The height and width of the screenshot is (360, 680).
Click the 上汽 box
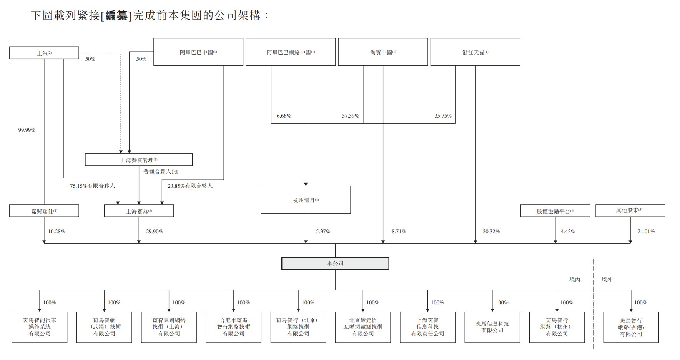click(x=44, y=53)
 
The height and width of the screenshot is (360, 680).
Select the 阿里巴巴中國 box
click(x=198, y=52)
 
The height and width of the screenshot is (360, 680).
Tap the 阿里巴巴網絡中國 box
click(x=291, y=52)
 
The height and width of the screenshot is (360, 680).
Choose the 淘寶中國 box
click(x=383, y=52)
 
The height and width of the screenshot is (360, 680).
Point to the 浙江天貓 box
click(x=475, y=52)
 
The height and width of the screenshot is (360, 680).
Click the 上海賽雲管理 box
click(x=139, y=160)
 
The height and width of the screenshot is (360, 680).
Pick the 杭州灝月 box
click(x=306, y=200)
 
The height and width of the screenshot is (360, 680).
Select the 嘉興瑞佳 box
click(x=44, y=211)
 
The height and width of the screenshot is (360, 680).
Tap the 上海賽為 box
click(x=139, y=211)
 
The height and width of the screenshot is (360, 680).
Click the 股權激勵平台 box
click(x=555, y=211)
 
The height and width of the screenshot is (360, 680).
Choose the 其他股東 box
click(x=630, y=211)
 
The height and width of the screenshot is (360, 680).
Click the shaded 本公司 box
click(x=335, y=264)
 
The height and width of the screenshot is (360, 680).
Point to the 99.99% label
click(x=27, y=130)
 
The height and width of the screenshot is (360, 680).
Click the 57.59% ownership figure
click(x=350, y=116)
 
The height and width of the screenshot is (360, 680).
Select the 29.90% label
click(x=154, y=231)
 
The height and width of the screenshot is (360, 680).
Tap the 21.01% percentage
click(x=646, y=231)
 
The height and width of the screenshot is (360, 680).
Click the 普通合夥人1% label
click(x=161, y=172)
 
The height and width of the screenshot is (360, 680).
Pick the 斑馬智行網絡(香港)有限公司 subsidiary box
click(x=631, y=327)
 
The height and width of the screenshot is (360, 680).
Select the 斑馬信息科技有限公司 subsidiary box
click(x=492, y=327)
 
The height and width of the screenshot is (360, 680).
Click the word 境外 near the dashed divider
click(x=607, y=279)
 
